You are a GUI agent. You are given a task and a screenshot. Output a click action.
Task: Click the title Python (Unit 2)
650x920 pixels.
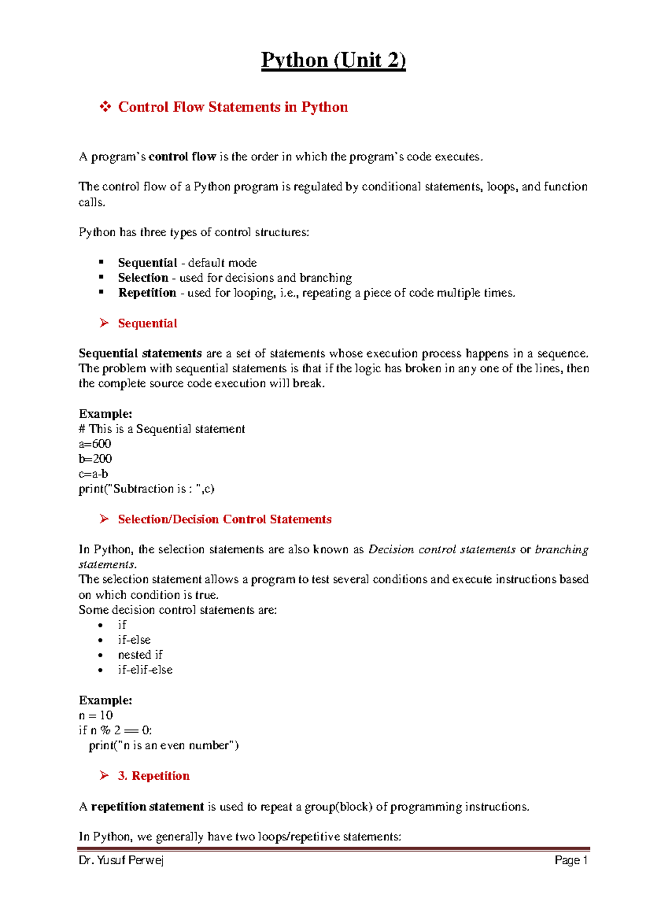333,60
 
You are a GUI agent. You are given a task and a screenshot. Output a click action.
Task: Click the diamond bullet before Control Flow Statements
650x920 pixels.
105,107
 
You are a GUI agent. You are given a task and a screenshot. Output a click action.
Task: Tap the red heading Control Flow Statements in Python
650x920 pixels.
233,107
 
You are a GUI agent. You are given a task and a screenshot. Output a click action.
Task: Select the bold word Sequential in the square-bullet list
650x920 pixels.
147,263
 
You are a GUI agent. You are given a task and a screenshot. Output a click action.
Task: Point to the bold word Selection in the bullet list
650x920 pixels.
143,278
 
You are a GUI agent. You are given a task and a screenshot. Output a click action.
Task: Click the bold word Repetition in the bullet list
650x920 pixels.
147,293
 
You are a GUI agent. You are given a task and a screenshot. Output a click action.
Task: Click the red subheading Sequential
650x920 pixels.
147,323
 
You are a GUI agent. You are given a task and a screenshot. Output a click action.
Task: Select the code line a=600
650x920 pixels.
95,444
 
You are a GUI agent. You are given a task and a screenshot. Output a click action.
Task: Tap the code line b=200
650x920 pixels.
95,459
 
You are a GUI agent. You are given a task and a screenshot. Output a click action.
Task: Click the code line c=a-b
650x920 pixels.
93,474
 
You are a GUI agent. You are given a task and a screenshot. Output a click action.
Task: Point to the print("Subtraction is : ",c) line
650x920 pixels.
146,489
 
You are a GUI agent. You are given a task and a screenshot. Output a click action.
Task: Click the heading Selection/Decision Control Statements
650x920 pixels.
224,519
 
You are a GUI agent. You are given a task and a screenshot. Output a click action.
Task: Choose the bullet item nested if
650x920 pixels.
140,655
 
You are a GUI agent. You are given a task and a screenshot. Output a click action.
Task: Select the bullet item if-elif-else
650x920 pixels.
145,670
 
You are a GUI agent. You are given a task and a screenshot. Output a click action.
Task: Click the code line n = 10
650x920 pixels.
96,715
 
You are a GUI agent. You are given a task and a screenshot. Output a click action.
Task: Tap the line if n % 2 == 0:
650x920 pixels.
115,730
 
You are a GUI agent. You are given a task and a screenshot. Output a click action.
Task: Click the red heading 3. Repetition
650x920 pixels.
154,776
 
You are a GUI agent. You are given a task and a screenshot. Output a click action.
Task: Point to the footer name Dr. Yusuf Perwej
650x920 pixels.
121,860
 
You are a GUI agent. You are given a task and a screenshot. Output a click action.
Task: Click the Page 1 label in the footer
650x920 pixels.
571,860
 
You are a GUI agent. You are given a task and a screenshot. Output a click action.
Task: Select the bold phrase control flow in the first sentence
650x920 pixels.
182,157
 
